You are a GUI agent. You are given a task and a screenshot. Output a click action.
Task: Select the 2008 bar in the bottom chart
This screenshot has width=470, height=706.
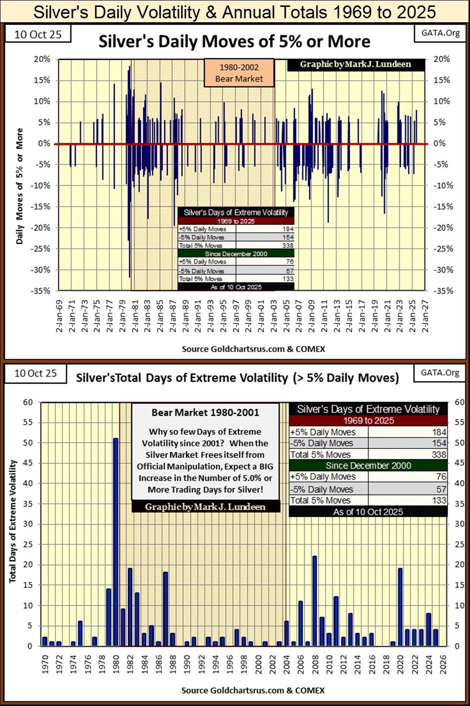click(314, 601)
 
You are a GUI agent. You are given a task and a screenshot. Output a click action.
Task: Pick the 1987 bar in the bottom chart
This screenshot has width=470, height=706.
click(166, 609)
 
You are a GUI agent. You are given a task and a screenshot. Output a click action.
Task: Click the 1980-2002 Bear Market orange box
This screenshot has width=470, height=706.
click(239, 73)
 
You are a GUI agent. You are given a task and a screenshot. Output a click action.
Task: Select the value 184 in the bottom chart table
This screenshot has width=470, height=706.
click(439, 432)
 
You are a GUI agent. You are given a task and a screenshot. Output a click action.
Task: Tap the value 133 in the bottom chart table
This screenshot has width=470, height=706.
click(439, 500)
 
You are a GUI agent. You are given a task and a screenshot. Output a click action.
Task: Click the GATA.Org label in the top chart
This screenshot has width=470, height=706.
click(440, 33)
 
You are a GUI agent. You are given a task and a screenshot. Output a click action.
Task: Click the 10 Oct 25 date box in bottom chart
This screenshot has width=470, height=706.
click(35, 373)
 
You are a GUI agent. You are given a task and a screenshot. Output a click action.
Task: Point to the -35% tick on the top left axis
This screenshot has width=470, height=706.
click(42, 291)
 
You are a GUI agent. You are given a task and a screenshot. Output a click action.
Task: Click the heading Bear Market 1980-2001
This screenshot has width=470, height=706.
click(205, 412)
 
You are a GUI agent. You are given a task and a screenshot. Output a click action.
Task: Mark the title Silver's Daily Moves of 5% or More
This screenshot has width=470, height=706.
click(234, 42)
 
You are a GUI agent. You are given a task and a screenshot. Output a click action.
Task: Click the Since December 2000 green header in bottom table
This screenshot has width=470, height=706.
click(368, 465)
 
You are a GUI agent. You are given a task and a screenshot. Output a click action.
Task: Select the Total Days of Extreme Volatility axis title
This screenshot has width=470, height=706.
click(13, 521)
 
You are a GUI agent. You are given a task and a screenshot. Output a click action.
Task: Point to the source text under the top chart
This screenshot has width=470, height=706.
click(253, 349)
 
